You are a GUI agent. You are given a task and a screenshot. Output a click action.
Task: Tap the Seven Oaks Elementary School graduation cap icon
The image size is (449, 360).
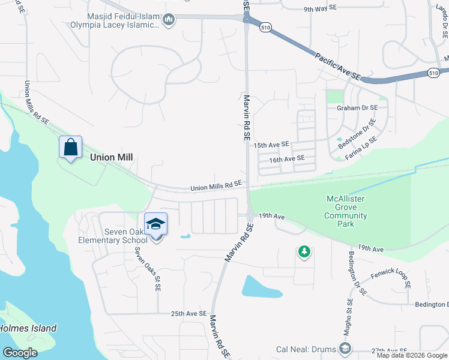pyautogui.click(x=156, y=224)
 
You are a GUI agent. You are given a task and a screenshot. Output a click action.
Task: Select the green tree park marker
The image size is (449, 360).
pyautogui.click(x=304, y=251)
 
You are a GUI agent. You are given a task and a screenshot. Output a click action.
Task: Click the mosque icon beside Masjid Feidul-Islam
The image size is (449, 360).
pyautogui.click(x=169, y=20)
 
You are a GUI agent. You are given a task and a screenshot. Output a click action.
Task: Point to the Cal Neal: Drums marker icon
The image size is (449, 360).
pyautogui.click(x=345, y=348)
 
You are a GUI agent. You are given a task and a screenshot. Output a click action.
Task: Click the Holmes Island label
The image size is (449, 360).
pyautogui.click(x=28, y=328)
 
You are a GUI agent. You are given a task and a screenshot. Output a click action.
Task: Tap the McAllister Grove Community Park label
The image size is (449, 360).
pyautogui.click(x=346, y=211)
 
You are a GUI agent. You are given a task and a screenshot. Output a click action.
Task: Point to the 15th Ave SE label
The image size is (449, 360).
pyautogui.click(x=271, y=145)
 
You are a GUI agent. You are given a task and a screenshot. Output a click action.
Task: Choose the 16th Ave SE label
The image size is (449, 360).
pyautogui.click(x=287, y=159)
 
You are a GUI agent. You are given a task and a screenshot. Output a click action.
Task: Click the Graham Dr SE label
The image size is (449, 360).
pyautogui.click(x=357, y=108)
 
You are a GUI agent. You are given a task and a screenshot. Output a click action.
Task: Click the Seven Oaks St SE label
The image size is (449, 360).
pyautogui.click(x=149, y=269)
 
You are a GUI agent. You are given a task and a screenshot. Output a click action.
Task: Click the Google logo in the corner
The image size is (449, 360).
pyautogui.click(x=20, y=352)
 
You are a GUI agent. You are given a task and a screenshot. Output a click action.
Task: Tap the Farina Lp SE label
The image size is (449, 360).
pyautogui.click(x=361, y=148)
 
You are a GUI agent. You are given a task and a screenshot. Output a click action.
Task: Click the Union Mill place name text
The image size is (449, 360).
pyautogui.click(x=111, y=157)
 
